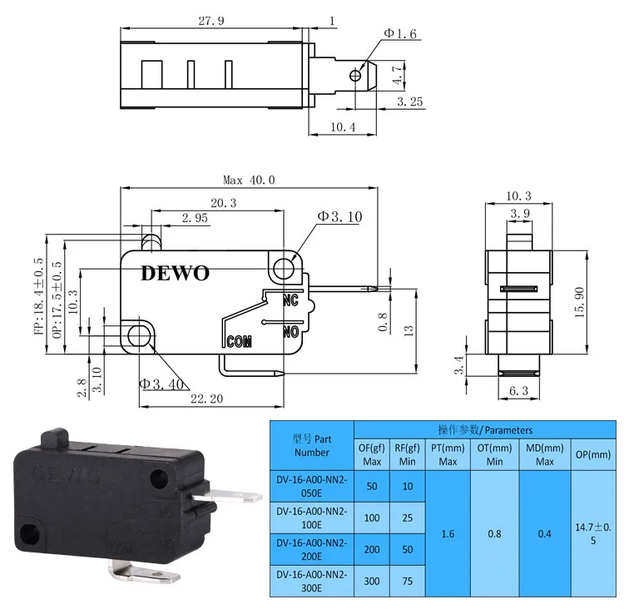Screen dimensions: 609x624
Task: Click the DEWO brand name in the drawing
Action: (176, 273)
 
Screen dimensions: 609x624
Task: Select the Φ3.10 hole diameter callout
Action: (339, 217)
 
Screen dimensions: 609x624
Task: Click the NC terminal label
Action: (290, 300)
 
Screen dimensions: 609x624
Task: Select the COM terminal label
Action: (240, 340)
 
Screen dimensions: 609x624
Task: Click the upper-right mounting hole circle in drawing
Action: (284, 268)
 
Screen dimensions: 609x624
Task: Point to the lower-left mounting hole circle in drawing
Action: (140, 334)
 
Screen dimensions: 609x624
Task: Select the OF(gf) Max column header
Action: (371, 453)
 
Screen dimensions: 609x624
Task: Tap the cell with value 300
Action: (371, 582)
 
